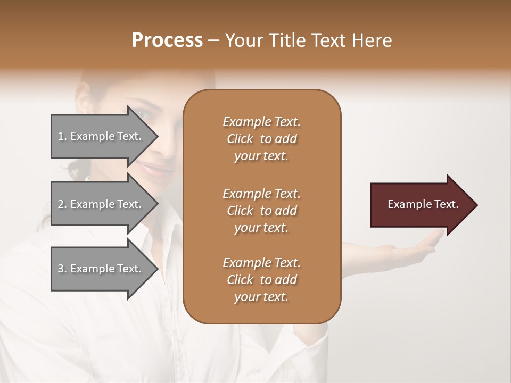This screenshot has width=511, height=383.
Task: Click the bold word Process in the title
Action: click(x=167, y=40)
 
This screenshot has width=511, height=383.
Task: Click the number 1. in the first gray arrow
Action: click(x=62, y=136)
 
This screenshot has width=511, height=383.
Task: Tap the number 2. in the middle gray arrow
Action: click(x=62, y=204)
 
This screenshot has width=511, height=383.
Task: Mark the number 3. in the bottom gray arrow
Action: click(x=62, y=269)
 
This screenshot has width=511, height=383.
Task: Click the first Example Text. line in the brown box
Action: click(x=261, y=122)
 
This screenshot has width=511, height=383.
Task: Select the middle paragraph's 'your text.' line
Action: click(x=261, y=228)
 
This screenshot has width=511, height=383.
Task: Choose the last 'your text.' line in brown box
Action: click(x=261, y=297)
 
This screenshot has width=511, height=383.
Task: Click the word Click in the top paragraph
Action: click(x=240, y=139)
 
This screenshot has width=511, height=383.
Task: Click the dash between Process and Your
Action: click(x=214, y=40)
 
